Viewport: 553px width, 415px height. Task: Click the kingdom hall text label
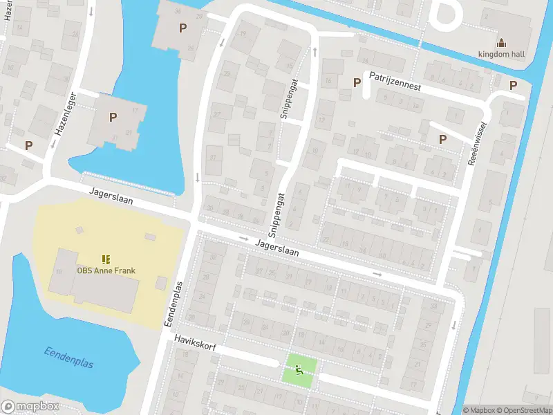coord(502,55)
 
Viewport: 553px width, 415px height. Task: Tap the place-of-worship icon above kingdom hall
coord(502,43)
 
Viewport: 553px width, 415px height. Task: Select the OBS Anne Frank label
coord(106,270)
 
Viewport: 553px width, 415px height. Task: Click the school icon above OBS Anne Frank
coord(106,259)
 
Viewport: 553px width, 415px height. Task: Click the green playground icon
coord(299,370)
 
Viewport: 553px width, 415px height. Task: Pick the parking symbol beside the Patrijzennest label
coord(357,82)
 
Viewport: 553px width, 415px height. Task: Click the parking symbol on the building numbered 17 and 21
coord(112,117)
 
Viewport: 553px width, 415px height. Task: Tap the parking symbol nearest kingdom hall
coord(513,85)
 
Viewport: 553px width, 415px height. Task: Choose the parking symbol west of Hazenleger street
coord(28,145)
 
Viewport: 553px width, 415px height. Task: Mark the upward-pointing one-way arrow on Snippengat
coord(315,52)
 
